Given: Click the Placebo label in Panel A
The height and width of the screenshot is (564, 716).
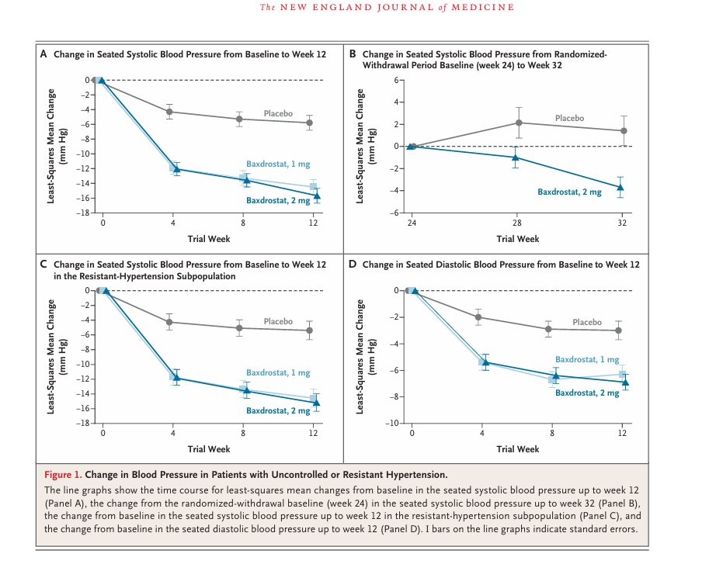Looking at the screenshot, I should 278,113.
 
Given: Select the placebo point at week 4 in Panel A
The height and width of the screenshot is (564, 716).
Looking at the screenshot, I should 169,112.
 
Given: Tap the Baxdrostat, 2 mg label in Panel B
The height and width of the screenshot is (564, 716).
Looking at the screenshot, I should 570,192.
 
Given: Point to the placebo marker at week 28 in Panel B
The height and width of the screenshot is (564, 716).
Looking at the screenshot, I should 519,123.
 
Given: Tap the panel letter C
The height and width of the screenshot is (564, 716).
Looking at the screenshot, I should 43,265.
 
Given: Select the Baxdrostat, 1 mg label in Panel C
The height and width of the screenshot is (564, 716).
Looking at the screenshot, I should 278,373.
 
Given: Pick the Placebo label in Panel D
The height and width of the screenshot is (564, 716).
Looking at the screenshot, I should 587,322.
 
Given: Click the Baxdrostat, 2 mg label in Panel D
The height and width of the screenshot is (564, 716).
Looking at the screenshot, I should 587,393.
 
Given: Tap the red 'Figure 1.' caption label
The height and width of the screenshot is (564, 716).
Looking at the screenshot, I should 63,474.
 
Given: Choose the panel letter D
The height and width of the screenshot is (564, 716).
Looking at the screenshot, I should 353,265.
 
